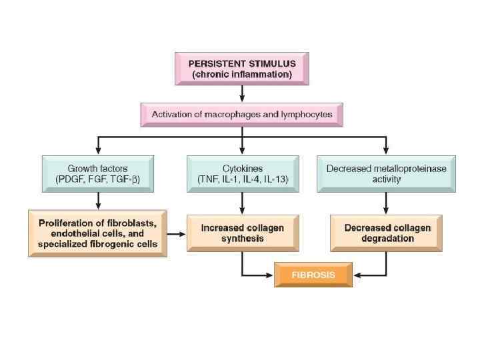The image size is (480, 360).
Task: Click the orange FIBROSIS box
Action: click(x=313, y=275)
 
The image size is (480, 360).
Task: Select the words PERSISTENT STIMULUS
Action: click(x=241, y=63)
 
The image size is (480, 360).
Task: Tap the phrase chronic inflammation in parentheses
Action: click(x=241, y=75)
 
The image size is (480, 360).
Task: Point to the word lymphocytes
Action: click(x=303, y=115)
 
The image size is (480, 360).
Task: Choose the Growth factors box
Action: click(x=98, y=174)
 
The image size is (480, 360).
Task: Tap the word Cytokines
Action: click(x=242, y=169)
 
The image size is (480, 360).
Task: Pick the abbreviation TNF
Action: click(x=207, y=180)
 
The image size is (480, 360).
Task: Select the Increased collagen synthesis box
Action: click(x=242, y=233)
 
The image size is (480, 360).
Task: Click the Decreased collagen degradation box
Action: click(x=386, y=233)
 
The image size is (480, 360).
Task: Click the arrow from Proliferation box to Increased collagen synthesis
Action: click(x=176, y=234)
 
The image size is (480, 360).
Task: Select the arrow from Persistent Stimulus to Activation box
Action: click(x=242, y=93)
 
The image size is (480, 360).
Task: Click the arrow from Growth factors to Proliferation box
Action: click(x=98, y=201)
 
